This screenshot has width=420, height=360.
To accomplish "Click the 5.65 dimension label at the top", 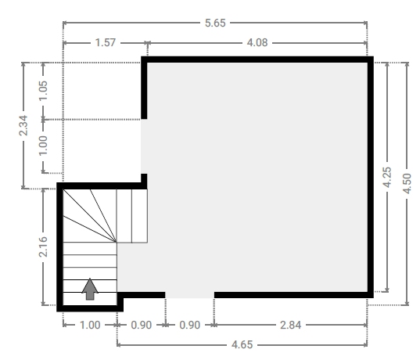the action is click(x=215, y=23).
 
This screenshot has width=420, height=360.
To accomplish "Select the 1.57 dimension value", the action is click(x=106, y=42).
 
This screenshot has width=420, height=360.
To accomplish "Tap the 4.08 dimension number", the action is click(x=257, y=42).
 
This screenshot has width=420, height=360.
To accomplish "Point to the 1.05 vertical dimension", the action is click(x=43, y=91).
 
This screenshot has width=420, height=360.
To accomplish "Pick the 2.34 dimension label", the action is click(x=23, y=125).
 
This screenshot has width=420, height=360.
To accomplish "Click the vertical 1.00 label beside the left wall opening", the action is click(x=43, y=146).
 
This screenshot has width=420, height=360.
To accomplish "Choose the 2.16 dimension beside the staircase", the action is click(x=43, y=247).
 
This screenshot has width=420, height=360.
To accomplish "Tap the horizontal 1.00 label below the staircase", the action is click(x=90, y=325).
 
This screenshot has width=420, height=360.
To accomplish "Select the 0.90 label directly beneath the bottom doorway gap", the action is click(x=189, y=325).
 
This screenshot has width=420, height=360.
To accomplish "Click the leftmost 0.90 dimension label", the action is click(x=141, y=325).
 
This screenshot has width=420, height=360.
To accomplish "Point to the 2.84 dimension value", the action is click(x=291, y=325).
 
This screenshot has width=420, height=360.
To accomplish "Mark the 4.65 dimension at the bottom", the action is click(x=242, y=344).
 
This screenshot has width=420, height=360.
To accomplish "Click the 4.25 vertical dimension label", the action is click(x=387, y=177).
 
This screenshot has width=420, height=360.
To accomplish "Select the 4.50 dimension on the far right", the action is click(x=407, y=184).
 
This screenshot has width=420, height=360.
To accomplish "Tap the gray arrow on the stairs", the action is click(x=90, y=289).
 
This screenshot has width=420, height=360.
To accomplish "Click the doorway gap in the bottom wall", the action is click(x=189, y=295).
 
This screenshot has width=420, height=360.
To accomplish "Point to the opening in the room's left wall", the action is click(x=144, y=146).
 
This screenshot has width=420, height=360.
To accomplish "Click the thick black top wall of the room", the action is click(x=257, y=59).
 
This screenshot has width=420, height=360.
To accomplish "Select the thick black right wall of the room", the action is click(x=371, y=177).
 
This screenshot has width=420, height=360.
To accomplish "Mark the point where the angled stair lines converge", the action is click(x=117, y=243).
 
